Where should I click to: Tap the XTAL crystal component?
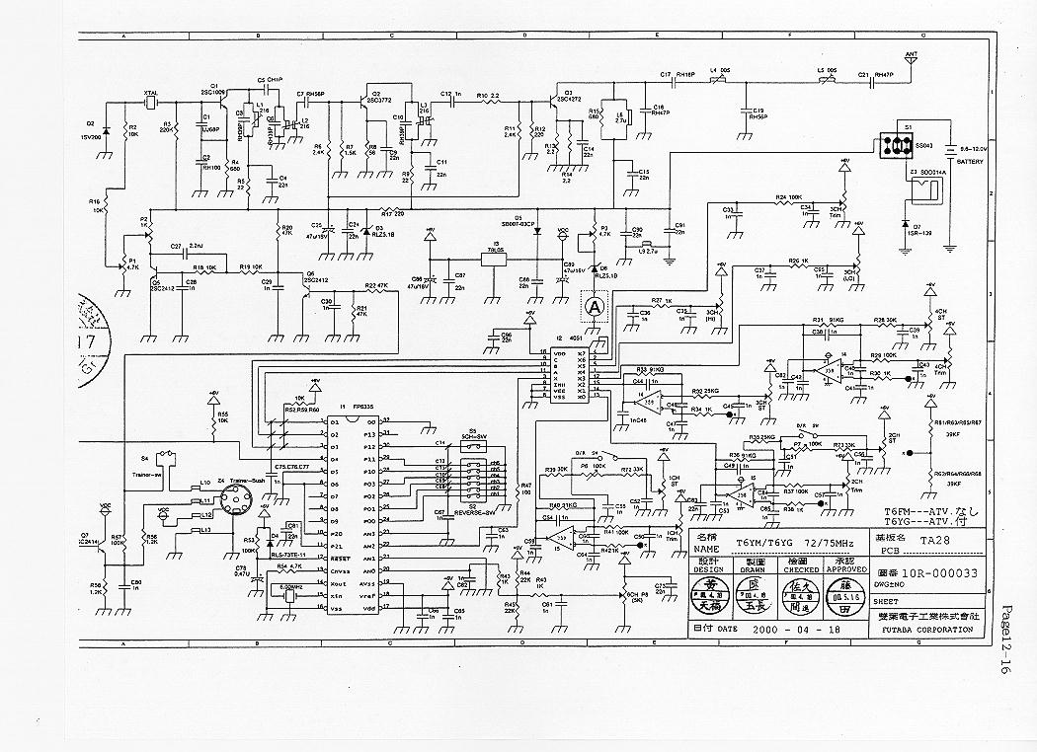(150, 104)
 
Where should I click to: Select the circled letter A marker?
(595, 307)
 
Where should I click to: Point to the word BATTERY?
(970, 162)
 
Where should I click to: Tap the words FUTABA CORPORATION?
(924, 629)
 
